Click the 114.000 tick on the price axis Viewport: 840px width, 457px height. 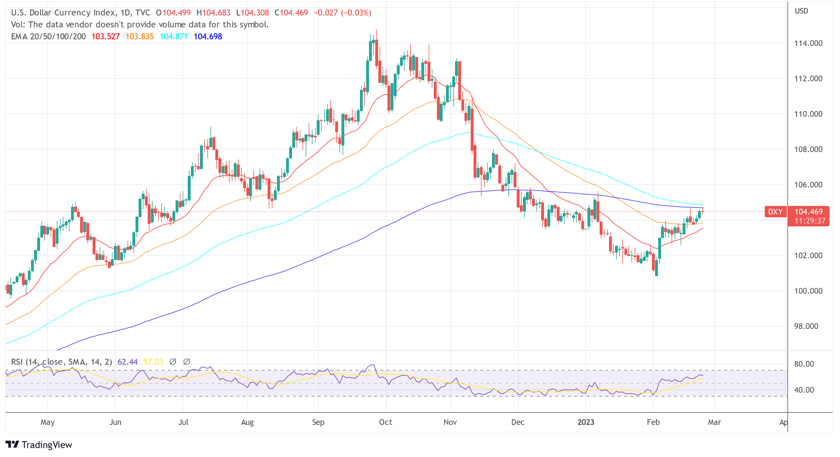point(808,43)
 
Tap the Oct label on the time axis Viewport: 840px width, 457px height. point(385,422)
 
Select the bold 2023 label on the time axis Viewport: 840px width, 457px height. point(586,422)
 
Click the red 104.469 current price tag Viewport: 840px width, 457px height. point(808,212)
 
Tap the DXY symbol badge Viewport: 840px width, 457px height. point(775,212)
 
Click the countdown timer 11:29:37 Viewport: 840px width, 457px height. point(810,221)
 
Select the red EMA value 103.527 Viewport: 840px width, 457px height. point(105,37)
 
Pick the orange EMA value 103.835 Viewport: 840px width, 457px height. point(139,37)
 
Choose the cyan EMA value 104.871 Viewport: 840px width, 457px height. point(174,37)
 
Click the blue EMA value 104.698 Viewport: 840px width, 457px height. point(208,37)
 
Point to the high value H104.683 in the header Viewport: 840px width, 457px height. point(213,13)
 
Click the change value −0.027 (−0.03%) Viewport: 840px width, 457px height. point(342,13)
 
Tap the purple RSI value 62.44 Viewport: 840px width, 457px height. point(128,362)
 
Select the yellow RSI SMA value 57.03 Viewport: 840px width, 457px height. point(153,362)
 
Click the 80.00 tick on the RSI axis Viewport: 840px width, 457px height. point(804,364)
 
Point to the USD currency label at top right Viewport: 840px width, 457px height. point(801,11)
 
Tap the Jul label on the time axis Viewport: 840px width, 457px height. point(183,422)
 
